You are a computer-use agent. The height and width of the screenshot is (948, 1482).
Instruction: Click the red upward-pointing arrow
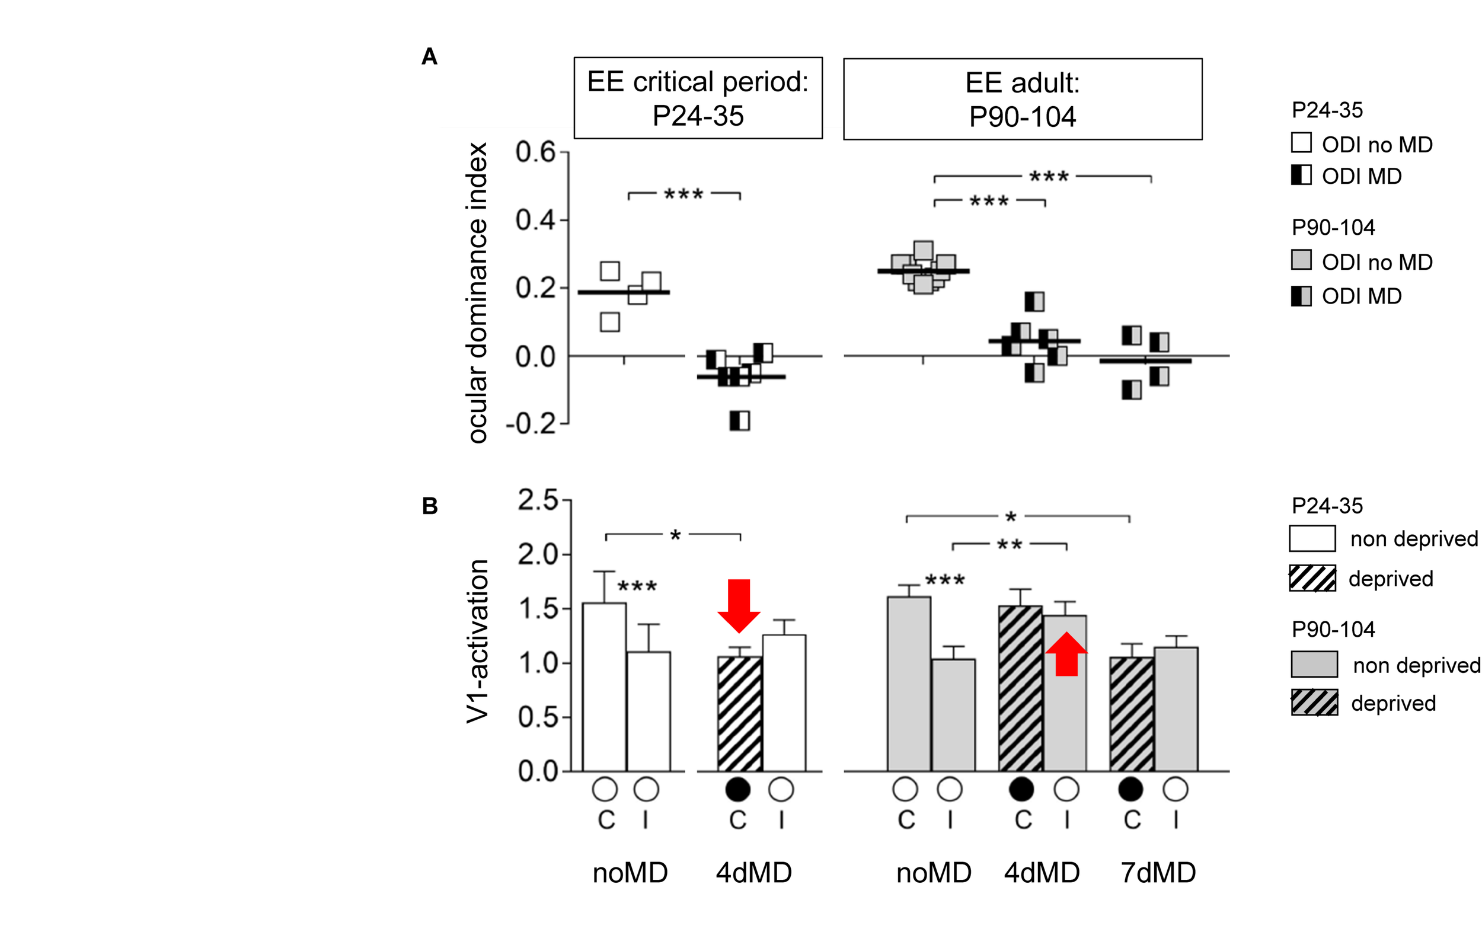coord(1066,655)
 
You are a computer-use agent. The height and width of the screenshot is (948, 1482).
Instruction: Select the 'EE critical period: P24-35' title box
coord(698,98)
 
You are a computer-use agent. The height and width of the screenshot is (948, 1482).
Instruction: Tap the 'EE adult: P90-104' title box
coord(1022,99)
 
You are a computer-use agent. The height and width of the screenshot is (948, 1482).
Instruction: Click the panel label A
coord(429,57)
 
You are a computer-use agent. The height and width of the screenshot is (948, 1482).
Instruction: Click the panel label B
coord(430,506)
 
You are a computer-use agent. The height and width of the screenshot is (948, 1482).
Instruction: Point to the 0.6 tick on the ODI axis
coord(535,152)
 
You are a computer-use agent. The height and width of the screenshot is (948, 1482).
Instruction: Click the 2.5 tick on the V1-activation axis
coord(537,500)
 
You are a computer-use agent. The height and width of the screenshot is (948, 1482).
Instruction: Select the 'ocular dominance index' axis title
coord(478,292)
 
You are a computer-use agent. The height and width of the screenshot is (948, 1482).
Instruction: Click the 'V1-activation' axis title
coord(478,641)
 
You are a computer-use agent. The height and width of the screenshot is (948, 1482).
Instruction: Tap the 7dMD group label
coord(1158,873)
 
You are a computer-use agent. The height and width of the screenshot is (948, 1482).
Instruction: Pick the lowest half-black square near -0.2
coord(739,421)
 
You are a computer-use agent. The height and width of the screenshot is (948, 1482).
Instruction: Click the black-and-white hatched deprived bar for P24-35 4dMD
coord(739,714)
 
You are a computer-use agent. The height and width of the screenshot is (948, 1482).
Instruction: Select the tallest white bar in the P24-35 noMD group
coord(605,687)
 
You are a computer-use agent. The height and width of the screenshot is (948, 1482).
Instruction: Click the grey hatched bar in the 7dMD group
coord(1131,714)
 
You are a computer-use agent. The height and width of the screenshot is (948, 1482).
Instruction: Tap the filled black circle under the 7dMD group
coord(1130,789)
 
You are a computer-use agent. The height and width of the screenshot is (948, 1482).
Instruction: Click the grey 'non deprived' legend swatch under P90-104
coord(1314,664)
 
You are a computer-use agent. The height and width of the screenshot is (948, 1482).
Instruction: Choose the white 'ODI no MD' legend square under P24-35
coord(1301,143)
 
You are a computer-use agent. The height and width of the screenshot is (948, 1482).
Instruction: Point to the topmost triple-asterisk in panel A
coord(1049,177)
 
